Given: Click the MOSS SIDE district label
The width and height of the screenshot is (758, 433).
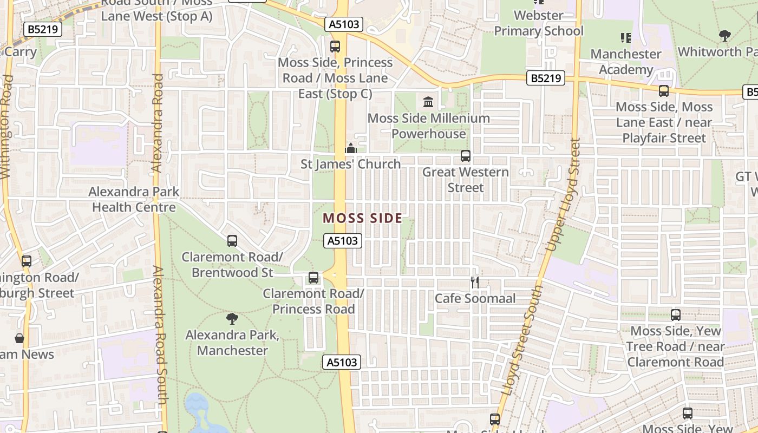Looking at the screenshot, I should (362, 218).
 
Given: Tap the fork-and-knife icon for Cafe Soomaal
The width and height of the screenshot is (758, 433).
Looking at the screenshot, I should (475, 282).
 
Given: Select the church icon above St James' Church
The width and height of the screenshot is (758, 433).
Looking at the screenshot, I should (351, 148).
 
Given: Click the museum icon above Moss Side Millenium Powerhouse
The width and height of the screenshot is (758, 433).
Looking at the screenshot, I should (428, 102).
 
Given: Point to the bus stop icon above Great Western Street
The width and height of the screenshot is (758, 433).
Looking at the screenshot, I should (465, 156).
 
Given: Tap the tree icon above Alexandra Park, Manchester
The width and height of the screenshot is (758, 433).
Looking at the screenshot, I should (232, 318).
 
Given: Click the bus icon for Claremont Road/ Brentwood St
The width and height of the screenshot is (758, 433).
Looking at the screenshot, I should (232, 240).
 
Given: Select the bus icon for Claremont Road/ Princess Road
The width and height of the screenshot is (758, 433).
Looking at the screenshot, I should (313, 278).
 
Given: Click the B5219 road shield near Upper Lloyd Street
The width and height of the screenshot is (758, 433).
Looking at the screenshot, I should (546, 78).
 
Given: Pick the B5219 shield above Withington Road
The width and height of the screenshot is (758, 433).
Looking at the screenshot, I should (43, 29).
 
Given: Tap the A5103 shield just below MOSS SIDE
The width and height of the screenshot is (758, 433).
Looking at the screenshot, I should (342, 241).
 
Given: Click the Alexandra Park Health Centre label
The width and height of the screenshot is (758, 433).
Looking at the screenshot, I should (134, 199).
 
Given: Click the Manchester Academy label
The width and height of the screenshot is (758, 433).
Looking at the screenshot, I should (626, 62).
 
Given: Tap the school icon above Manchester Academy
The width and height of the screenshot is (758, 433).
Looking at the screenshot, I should (626, 37).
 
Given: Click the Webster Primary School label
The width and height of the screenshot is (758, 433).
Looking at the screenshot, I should (539, 23).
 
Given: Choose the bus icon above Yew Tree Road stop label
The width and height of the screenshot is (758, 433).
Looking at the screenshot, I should (675, 314).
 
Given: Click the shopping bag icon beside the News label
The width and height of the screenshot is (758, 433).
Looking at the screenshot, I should (19, 339).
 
